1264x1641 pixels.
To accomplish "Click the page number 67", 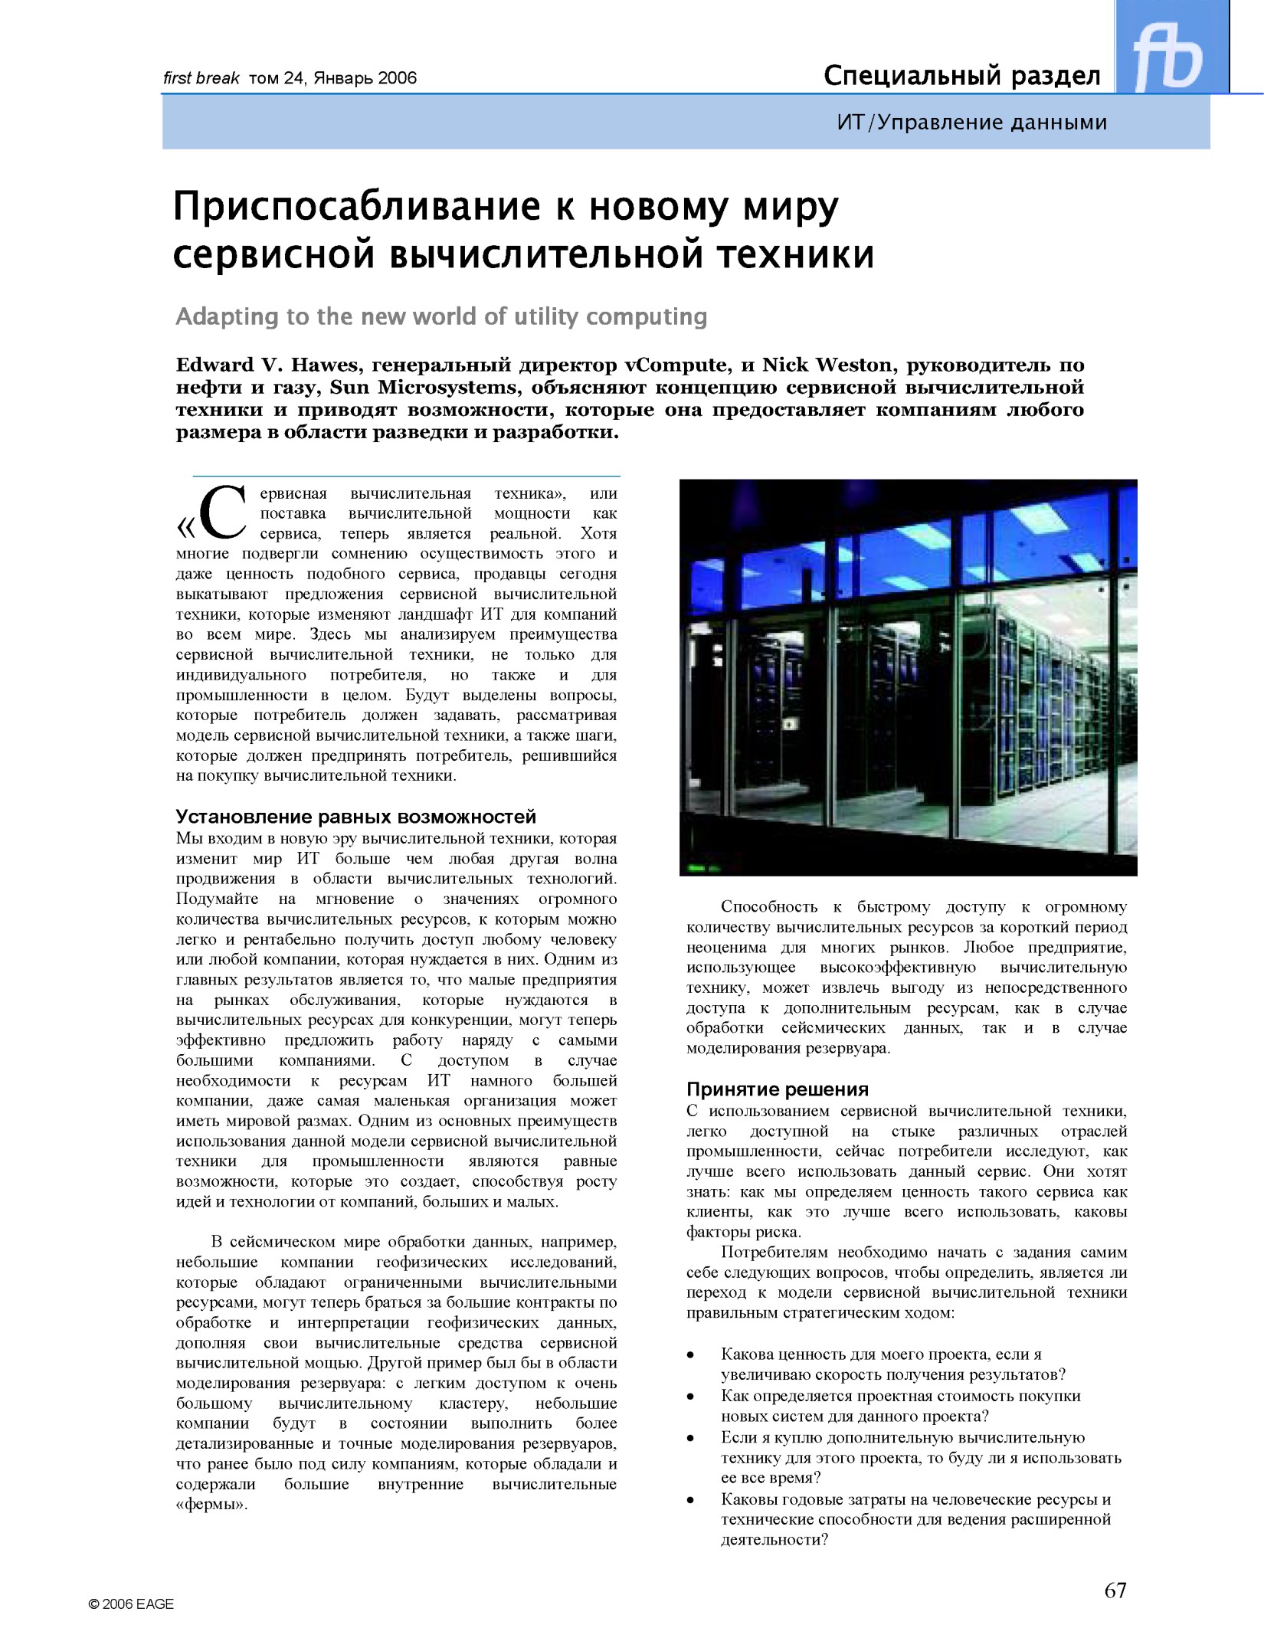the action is (1115, 1590).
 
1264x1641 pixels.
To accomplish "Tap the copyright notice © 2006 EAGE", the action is (131, 1603).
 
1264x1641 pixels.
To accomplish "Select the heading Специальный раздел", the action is (962, 76).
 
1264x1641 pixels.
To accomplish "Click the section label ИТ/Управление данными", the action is (972, 123).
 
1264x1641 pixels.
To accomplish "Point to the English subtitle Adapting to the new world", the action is (441, 316).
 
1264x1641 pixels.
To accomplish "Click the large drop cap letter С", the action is (223, 513).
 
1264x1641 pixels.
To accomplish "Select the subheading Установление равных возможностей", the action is (356, 816).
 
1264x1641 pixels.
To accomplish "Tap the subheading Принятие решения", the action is (778, 1089).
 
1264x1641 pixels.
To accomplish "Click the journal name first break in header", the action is (201, 78).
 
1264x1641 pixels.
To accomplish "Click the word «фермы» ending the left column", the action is (211, 1503).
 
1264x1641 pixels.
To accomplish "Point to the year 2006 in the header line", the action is (397, 78).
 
